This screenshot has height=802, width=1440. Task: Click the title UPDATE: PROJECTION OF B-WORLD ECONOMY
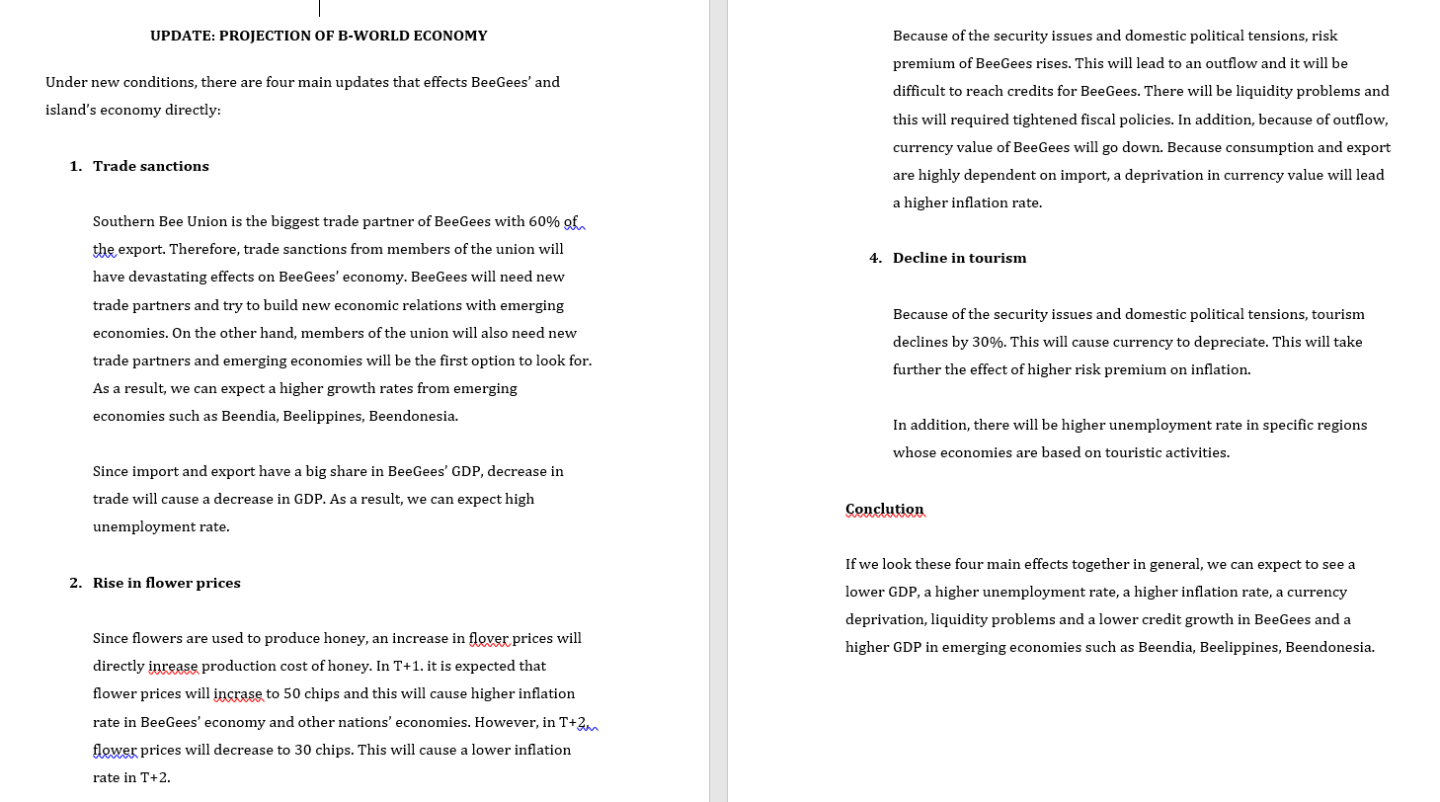pyautogui.click(x=318, y=37)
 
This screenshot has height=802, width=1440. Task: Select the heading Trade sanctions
pyautogui.click(x=150, y=166)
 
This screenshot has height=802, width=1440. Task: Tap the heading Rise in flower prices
pyautogui.click(x=166, y=583)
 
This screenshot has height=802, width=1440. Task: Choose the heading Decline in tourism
pyautogui.click(x=959, y=258)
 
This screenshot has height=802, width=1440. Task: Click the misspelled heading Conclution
pyautogui.click(x=884, y=510)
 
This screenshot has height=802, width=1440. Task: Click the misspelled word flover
pyautogui.click(x=489, y=638)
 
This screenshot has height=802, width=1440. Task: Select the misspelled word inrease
pyautogui.click(x=173, y=666)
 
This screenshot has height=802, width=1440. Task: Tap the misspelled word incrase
pyautogui.click(x=238, y=693)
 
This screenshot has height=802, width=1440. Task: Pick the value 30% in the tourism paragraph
pyautogui.click(x=989, y=342)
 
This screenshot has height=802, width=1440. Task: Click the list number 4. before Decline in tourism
pyautogui.click(x=875, y=258)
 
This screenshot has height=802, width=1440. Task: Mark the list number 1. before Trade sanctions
pyautogui.click(x=76, y=166)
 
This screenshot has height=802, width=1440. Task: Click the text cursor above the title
pyautogui.click(x=319, y=8)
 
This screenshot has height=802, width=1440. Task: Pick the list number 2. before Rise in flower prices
pyautogui.click(x=76, y=583)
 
